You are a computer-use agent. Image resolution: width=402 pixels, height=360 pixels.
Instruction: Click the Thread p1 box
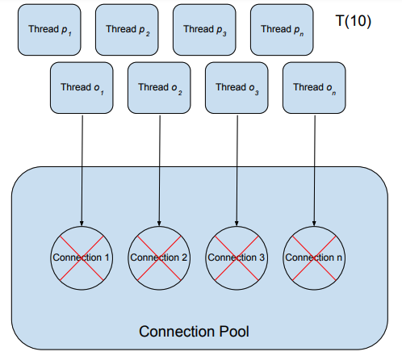pos(49,30)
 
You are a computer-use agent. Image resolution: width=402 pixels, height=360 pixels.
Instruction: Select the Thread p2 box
pos(127,30)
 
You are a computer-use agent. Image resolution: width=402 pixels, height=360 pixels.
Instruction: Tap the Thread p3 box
pos(204,30)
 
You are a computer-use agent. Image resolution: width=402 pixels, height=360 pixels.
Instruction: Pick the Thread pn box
pos(282,30)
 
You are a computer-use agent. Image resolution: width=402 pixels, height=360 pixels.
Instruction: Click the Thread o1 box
pos(82,88)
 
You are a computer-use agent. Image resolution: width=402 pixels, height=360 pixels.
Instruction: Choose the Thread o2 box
pos(159,88)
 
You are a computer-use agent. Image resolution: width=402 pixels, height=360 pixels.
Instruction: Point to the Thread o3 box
pos(237,88)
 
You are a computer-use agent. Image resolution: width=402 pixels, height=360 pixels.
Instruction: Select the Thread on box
pos(314,88)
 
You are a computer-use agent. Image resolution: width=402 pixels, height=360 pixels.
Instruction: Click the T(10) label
pos(354,20)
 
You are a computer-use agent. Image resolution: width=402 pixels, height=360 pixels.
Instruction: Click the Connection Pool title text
pos(194,331)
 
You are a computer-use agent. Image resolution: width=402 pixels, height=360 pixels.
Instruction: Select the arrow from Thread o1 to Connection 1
pos(82,171)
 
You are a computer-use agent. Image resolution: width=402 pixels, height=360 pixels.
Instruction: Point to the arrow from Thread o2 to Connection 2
pos(160,171)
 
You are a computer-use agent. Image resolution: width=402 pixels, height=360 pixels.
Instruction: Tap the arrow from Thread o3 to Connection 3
pos(237,171)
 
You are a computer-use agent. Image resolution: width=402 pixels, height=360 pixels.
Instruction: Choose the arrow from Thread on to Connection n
pos(315,171)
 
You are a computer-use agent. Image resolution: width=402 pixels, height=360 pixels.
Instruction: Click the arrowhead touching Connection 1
pos(82,224)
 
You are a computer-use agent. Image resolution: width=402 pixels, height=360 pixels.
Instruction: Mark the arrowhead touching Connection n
pos(314,224)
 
